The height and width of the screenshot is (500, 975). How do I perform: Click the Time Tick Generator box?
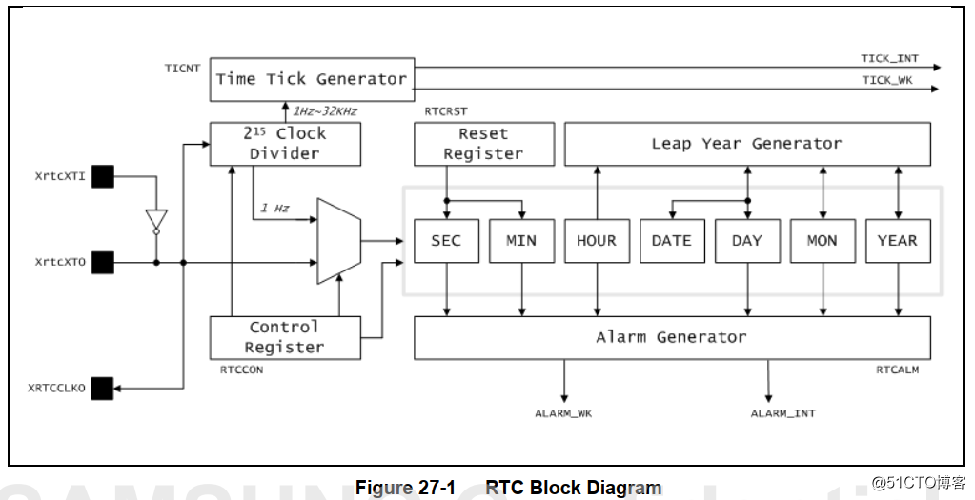pos(311,79)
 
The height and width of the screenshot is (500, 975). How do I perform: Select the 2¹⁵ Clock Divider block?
pos(286,144)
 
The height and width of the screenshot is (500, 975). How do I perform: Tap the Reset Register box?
pos(483,144)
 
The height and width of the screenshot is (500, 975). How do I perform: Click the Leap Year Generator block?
pos(747,144)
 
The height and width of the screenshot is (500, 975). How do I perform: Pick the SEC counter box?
pos(446,241)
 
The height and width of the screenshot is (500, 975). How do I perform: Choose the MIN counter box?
pos(521,241)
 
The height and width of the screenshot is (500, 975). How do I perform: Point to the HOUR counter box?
pos(597,241)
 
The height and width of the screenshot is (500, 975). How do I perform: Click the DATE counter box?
pos(672,241)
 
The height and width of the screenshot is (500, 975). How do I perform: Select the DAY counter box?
pos(747,241)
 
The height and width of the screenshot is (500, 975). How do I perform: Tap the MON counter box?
pos(823,241)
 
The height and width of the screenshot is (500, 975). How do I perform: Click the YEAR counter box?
pos(897,241)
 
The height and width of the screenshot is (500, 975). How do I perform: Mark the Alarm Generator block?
pos(672,337)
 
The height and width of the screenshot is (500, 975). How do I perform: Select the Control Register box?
pos(285,337)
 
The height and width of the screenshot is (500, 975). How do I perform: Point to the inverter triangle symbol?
pos(157,220)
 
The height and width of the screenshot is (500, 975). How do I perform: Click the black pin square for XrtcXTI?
pos(102,176)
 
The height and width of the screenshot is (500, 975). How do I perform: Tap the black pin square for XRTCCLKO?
pos(102,388)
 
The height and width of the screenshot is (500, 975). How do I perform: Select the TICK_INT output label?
pos(889,59)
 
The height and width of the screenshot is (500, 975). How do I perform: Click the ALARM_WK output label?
pos(563,413)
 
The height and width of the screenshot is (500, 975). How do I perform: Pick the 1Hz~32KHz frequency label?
pos(325,111)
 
